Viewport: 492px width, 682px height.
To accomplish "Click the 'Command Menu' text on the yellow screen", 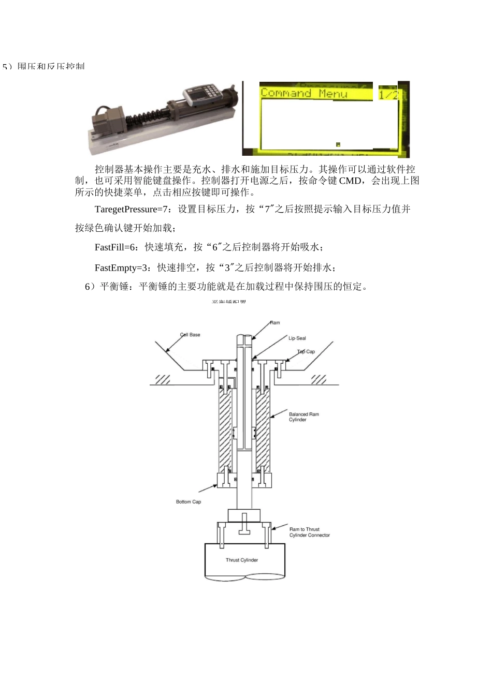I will pos(303,93).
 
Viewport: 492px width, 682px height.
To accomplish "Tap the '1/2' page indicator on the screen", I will pos(388,94).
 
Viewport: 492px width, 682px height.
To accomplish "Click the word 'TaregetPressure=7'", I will pos(132,209).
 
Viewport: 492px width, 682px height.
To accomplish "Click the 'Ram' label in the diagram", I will pos(275,323).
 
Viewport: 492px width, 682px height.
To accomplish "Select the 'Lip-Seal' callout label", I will pos(297,338).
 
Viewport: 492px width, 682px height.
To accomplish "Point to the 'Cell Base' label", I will pos(190,335).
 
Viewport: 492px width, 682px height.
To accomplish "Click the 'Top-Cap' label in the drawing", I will pos(306,352).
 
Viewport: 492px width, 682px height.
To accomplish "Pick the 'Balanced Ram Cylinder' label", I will pos(304,417).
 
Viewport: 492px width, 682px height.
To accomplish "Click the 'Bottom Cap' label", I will pos(189,502).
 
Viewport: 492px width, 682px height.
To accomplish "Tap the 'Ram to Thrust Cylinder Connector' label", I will pos(309,532).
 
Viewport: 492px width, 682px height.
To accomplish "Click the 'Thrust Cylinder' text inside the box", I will pos(242,560).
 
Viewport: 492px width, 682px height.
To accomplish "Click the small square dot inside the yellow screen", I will pos(338,144).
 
